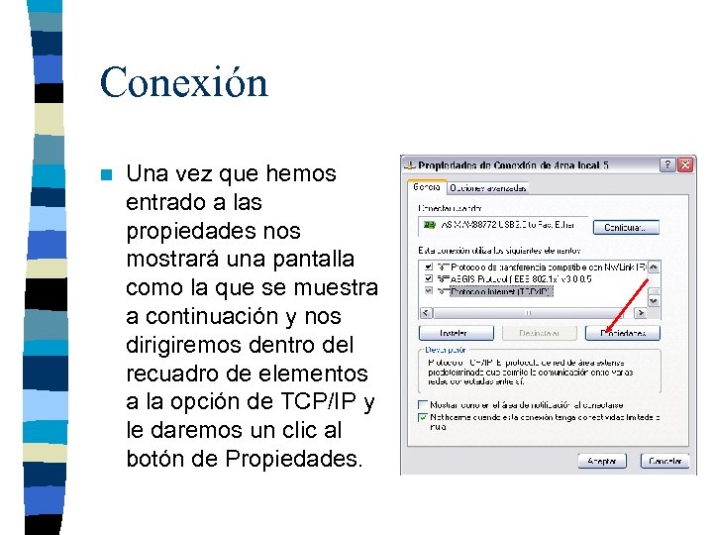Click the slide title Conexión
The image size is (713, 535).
(183, 82)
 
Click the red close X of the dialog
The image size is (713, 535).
(685, 164)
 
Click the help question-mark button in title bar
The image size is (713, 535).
(667, 164)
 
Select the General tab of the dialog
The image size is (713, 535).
(427, 186)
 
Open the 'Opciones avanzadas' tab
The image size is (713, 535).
(488, 187)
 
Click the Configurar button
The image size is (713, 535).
(624, 228)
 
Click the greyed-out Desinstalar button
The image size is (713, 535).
(540, 333)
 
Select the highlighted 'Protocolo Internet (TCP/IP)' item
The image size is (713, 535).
(500, 292)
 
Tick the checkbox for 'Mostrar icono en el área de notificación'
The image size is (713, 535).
(424, 405)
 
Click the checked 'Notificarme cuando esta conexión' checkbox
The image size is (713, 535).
(424, 417)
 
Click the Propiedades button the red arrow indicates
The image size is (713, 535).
(623, 333)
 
